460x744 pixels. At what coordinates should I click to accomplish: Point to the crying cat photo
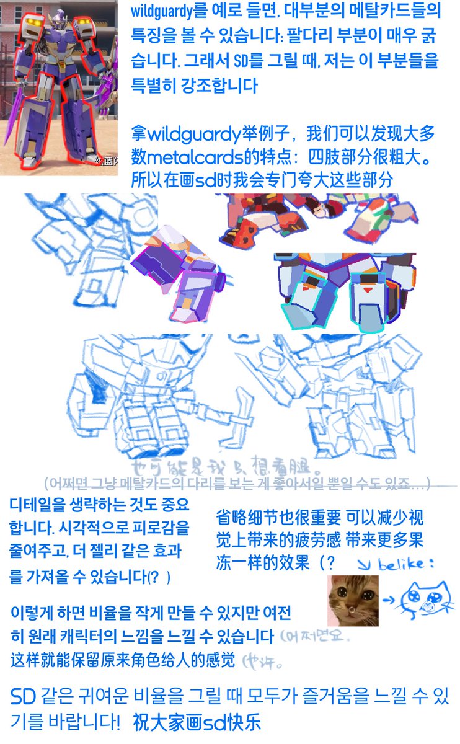353,600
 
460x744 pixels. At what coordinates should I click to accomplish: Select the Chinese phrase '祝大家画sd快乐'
197,722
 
